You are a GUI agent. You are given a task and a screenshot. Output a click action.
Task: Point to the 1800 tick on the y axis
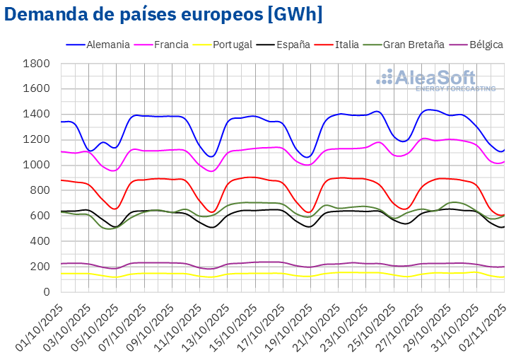(37, 64)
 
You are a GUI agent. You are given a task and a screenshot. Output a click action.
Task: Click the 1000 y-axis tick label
(37, 165)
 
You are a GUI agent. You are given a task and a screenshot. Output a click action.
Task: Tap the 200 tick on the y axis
(40, 267)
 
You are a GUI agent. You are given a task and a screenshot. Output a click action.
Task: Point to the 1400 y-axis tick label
(37, 114)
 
